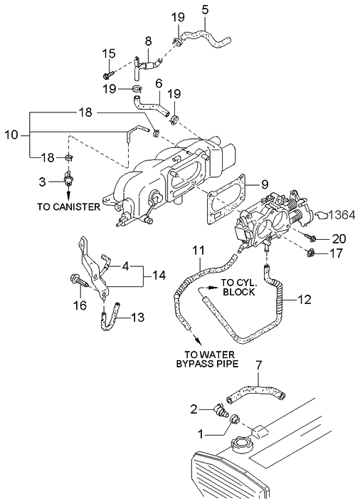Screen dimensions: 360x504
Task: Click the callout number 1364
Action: tap(342, 215)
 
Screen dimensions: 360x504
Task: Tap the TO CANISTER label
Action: tap(69, 206)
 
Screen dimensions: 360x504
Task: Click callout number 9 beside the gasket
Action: tap(264, 184)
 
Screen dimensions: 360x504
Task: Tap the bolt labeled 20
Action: tap(309, 238)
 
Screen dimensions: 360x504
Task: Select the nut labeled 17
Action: tap(310, 253)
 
